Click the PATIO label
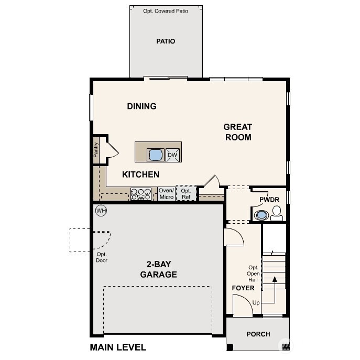click(x=166, y=41)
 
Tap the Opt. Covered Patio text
click(x=166, y=10)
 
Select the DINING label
click(x=141, y=106)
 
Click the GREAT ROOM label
click(x=237, y=132)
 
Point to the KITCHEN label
click(x=140, y=174)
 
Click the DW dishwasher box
click(x=172, y=155)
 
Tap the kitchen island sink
click(x=156, y=155)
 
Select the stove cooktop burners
click(x=140, y=194)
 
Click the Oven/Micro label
click(x=166, y=194)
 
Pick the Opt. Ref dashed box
click(x=186, y=194)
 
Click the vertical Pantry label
click(x=96, y=150)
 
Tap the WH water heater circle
click(x=101, y=211)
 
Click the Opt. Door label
click(x=102, y=257)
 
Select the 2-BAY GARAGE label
click(x=158, y=270)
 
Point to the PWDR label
click(x=269, y=200)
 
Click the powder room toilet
click(x=277, y=213)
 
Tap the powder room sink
click(x=260, y=215)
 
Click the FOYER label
click(x=243, y=288)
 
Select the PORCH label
click(x=258, y=334)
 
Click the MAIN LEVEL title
click(x=118, y=347)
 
